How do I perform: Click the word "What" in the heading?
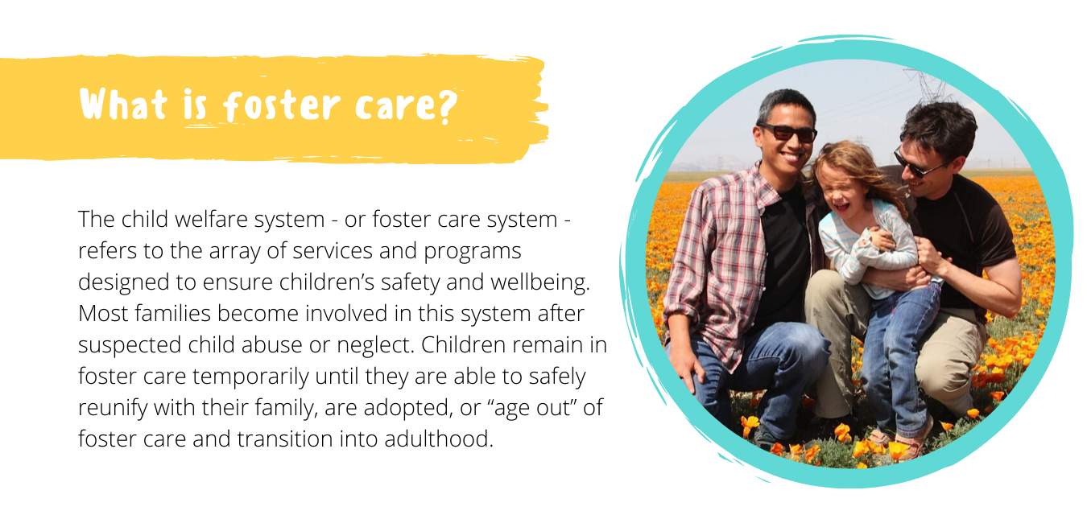123,105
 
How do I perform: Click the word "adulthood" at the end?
439,439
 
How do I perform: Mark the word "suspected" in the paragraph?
130,346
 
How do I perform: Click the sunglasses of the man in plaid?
787,132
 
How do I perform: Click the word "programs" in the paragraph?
473,252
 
